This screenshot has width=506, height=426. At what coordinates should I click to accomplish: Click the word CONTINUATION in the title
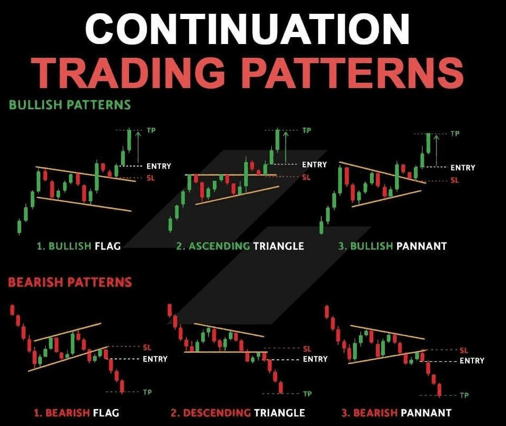point(247,29)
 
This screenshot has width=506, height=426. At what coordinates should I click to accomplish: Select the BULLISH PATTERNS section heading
point(70,105)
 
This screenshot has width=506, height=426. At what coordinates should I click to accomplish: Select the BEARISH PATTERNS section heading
point(70,282)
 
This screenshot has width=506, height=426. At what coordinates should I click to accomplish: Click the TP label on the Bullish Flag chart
point(151,131)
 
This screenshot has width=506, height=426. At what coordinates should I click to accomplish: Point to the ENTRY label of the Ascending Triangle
point(314,165)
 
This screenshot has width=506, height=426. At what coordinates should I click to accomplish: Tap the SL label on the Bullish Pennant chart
point(454,180)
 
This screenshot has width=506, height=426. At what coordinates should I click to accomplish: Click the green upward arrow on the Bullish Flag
point(138,147)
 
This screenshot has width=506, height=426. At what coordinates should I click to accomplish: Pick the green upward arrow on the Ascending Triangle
point(286,146)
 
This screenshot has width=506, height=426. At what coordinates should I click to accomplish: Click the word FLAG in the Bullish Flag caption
point(107,246)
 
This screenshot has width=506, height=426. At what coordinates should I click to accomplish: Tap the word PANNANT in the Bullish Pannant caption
point(422,246)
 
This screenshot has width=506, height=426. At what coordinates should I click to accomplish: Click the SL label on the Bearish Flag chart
point(147,347)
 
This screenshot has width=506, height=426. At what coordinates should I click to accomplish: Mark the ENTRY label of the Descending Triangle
point(315,359)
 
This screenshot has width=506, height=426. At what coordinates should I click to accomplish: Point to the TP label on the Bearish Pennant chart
point(464,395)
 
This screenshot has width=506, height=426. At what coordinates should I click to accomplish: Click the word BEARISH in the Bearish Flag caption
point(67,413)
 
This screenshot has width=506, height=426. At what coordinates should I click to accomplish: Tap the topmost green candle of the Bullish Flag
point(130,141)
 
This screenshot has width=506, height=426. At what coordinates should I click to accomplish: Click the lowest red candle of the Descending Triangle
point(281,387)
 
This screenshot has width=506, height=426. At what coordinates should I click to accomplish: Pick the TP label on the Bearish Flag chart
point(147,392)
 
